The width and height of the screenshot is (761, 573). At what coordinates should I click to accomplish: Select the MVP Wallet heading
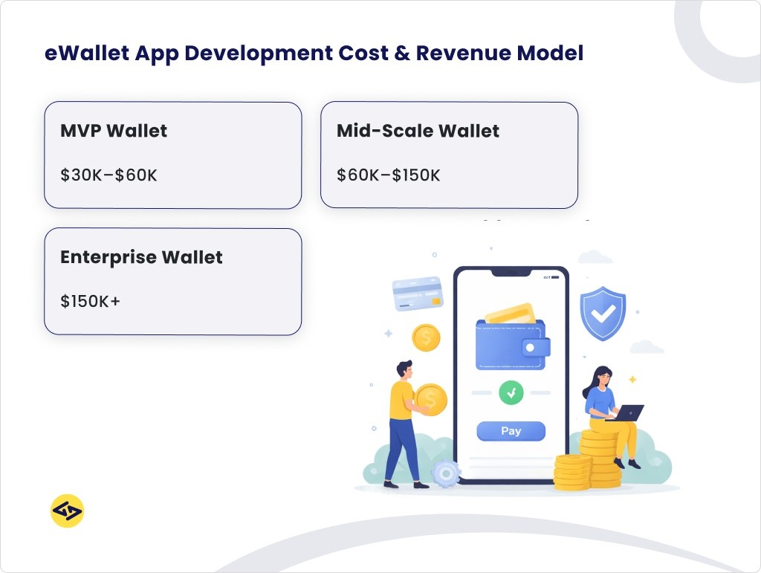114,131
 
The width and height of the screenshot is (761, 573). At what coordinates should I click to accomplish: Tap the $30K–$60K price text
109,175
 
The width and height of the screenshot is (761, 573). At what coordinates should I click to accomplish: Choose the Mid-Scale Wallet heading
418,131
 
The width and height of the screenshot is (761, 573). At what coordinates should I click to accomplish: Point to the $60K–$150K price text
389,175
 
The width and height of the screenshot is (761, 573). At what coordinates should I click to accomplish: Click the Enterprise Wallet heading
141,257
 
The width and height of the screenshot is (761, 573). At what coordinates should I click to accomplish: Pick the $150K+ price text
90,302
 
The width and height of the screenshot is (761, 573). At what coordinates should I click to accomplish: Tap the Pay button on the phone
511,431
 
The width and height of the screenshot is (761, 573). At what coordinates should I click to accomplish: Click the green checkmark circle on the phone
511,392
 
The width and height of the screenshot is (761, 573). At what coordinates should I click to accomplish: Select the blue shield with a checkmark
603,313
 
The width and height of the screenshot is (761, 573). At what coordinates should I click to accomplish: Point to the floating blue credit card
418,294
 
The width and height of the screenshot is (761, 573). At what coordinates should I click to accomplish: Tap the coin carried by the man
431,399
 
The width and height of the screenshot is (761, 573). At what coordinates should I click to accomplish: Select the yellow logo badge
67,511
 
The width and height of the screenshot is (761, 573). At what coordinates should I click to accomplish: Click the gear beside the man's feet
446,473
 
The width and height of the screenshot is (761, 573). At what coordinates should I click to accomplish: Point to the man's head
404,369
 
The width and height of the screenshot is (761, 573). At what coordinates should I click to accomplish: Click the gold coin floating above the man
426,337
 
